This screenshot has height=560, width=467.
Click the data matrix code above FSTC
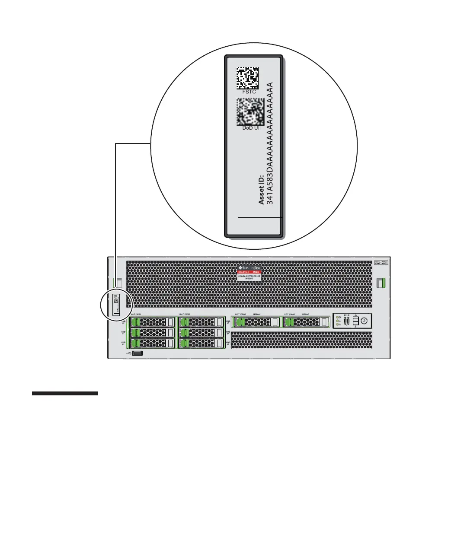click(248, 78)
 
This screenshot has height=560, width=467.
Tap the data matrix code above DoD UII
click(249, 112)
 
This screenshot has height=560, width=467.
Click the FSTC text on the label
click(249, 92)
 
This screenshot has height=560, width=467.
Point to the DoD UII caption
click(249, 128)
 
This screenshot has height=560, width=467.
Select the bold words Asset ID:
click(262, 190)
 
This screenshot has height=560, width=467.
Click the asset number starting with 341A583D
click(270, 143)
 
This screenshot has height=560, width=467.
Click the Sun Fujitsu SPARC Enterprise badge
click(249, 273)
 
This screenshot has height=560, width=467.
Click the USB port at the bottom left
click(138, 353)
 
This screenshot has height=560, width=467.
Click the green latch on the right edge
click(381, 283)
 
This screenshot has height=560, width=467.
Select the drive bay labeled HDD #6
click(256, 322)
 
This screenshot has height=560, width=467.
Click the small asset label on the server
click(116, 305)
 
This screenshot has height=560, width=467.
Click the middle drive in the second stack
click(202, 333)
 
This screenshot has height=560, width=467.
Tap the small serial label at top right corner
click(381, 263)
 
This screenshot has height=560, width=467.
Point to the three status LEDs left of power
click(338, 321)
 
